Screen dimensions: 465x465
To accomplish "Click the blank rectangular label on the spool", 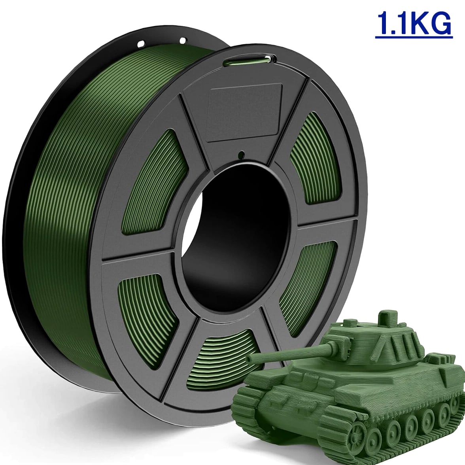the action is coord(244,112).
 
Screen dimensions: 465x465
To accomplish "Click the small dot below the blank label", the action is coord(241,154).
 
